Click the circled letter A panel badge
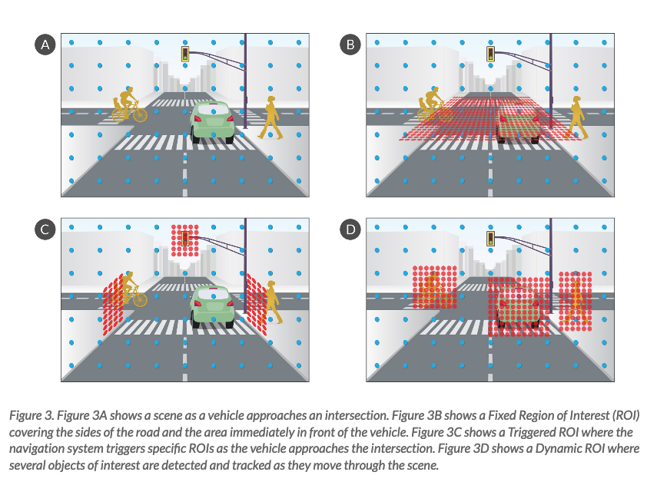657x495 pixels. pyautogui.click(x=45, y=45)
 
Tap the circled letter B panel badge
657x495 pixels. pyautogui.click(x=350, y=45)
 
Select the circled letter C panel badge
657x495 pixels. pyautogui.click(x=45, y=229)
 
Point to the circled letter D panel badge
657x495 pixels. pyautogui.click(x=350, y=229)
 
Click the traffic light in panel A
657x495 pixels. pyautogui.click(x=185, y=54)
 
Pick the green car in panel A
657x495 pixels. pyautogui.click(x=212, y=122)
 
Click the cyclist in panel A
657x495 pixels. pyautogui.click(x=129, y=104)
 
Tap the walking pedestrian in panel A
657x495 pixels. pyautogui.click(x=270, y=117)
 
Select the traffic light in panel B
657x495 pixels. pyautogui.click(x=491, y=54)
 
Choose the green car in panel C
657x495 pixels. pyautogui.click(x=212, y=307)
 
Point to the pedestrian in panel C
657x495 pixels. pyautogui.click(x=271, y=302)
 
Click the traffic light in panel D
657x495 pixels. pyautogui.click(x=491, y=239)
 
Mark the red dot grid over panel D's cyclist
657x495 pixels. pyautogui.click(x=434, y=287)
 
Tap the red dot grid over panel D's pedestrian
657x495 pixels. pyautogui.click(x=576, y=302)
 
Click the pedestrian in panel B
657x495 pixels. pyautogui.click(x=576, y=117)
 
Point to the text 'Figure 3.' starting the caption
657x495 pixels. pyautogui.click(x=32, y=415)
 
